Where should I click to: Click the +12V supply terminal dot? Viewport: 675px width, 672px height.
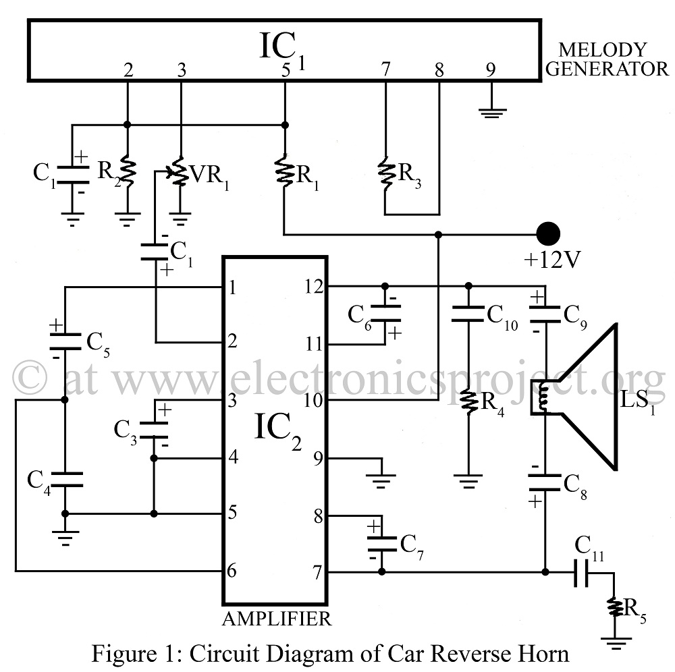pos(548,233)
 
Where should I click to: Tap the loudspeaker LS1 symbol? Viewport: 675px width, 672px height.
pos(577,397)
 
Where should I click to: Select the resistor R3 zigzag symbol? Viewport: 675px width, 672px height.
pos(385,173)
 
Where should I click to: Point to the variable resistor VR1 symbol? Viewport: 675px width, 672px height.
pos(178,172)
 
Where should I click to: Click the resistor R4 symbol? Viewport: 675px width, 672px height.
pos(469,401)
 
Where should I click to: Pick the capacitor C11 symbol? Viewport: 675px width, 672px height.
pos(582,572)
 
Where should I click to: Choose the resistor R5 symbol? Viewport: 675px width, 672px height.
pos(615,607)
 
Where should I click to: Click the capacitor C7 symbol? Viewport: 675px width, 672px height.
pos(381,544)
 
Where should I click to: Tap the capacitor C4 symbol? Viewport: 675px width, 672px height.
pos(65,480)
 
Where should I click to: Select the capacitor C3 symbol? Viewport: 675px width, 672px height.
pos(154,430)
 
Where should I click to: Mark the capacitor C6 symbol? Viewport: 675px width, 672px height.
pos(385,313)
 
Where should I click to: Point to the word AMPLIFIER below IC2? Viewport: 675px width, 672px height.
pos(277,619)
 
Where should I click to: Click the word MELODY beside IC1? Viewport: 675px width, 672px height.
pos(602,50)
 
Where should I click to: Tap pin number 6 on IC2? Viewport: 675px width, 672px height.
pos(232,571)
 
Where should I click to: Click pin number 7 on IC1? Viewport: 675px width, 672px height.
pos(385,69)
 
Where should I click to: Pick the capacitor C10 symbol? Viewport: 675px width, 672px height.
pos(469,314)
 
